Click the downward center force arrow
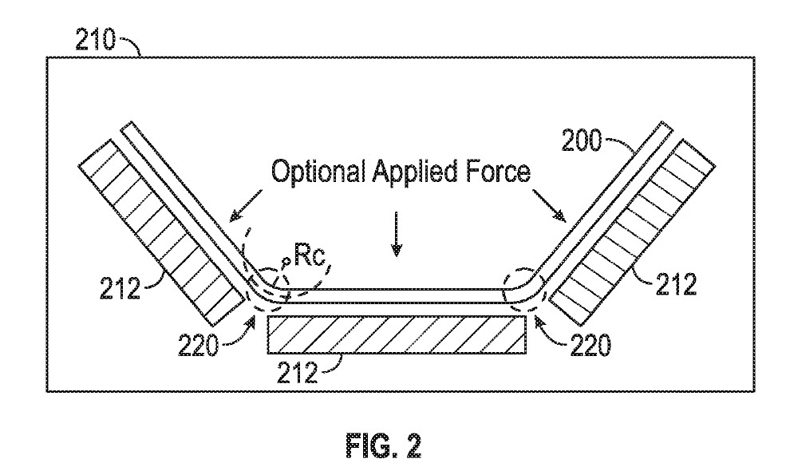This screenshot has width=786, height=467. click(x=397, y=240)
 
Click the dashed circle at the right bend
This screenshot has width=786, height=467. click(x=523, y=291)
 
